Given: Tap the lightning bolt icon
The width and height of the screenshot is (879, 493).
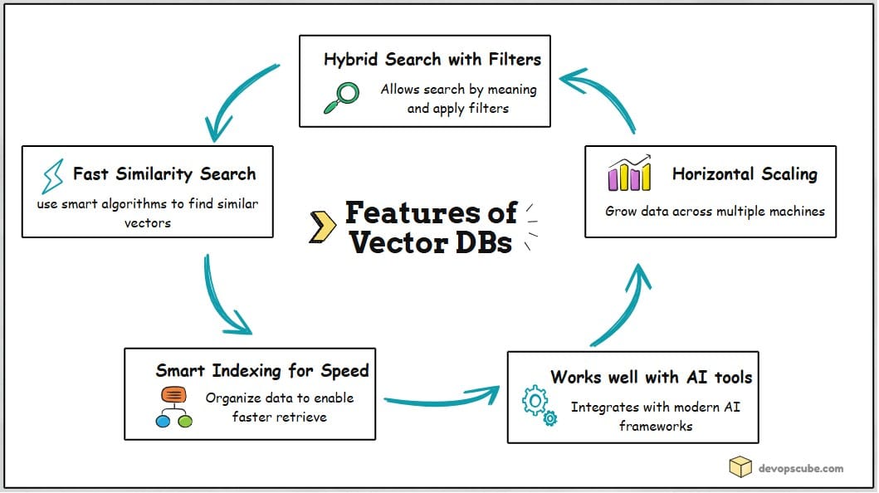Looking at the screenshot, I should (x=52, y=176).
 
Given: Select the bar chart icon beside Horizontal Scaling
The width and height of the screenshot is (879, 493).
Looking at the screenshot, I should (x=628, y=174).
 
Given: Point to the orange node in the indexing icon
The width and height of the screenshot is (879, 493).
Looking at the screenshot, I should (x=173, y=394).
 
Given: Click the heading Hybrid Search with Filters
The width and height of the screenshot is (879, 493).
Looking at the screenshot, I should (x=432, y=60).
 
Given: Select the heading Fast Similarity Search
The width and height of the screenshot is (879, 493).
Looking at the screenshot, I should (x=164, y=173).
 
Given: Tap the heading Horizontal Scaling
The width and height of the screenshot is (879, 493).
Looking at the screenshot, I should (x=745, y=173).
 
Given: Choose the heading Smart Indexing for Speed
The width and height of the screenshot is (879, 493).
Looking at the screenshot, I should (x=262, y=370).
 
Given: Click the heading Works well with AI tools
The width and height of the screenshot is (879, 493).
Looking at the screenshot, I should (x=651, y=378).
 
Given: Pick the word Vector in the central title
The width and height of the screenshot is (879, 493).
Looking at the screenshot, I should (x=396, y=242).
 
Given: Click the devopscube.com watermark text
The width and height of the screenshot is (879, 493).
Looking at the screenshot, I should (x=801, y=468).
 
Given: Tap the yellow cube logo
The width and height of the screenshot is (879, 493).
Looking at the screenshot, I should (x=740, y=467).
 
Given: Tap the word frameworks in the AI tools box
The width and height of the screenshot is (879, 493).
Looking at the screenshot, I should (x=655, y=426).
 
